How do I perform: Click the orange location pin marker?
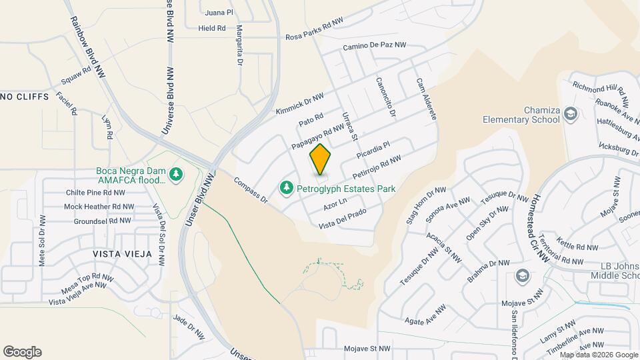[320, 159]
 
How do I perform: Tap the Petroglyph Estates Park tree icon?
[287, 189]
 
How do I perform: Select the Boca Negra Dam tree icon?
[176, 175]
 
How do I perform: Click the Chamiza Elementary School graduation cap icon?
[570, 114]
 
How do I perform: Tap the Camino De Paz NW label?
[374, 46]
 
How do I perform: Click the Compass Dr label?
[251, 190]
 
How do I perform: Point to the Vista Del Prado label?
[343, 222]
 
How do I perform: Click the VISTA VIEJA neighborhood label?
[122, 254]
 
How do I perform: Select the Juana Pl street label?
[219, 13]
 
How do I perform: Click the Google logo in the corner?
[22, 352]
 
